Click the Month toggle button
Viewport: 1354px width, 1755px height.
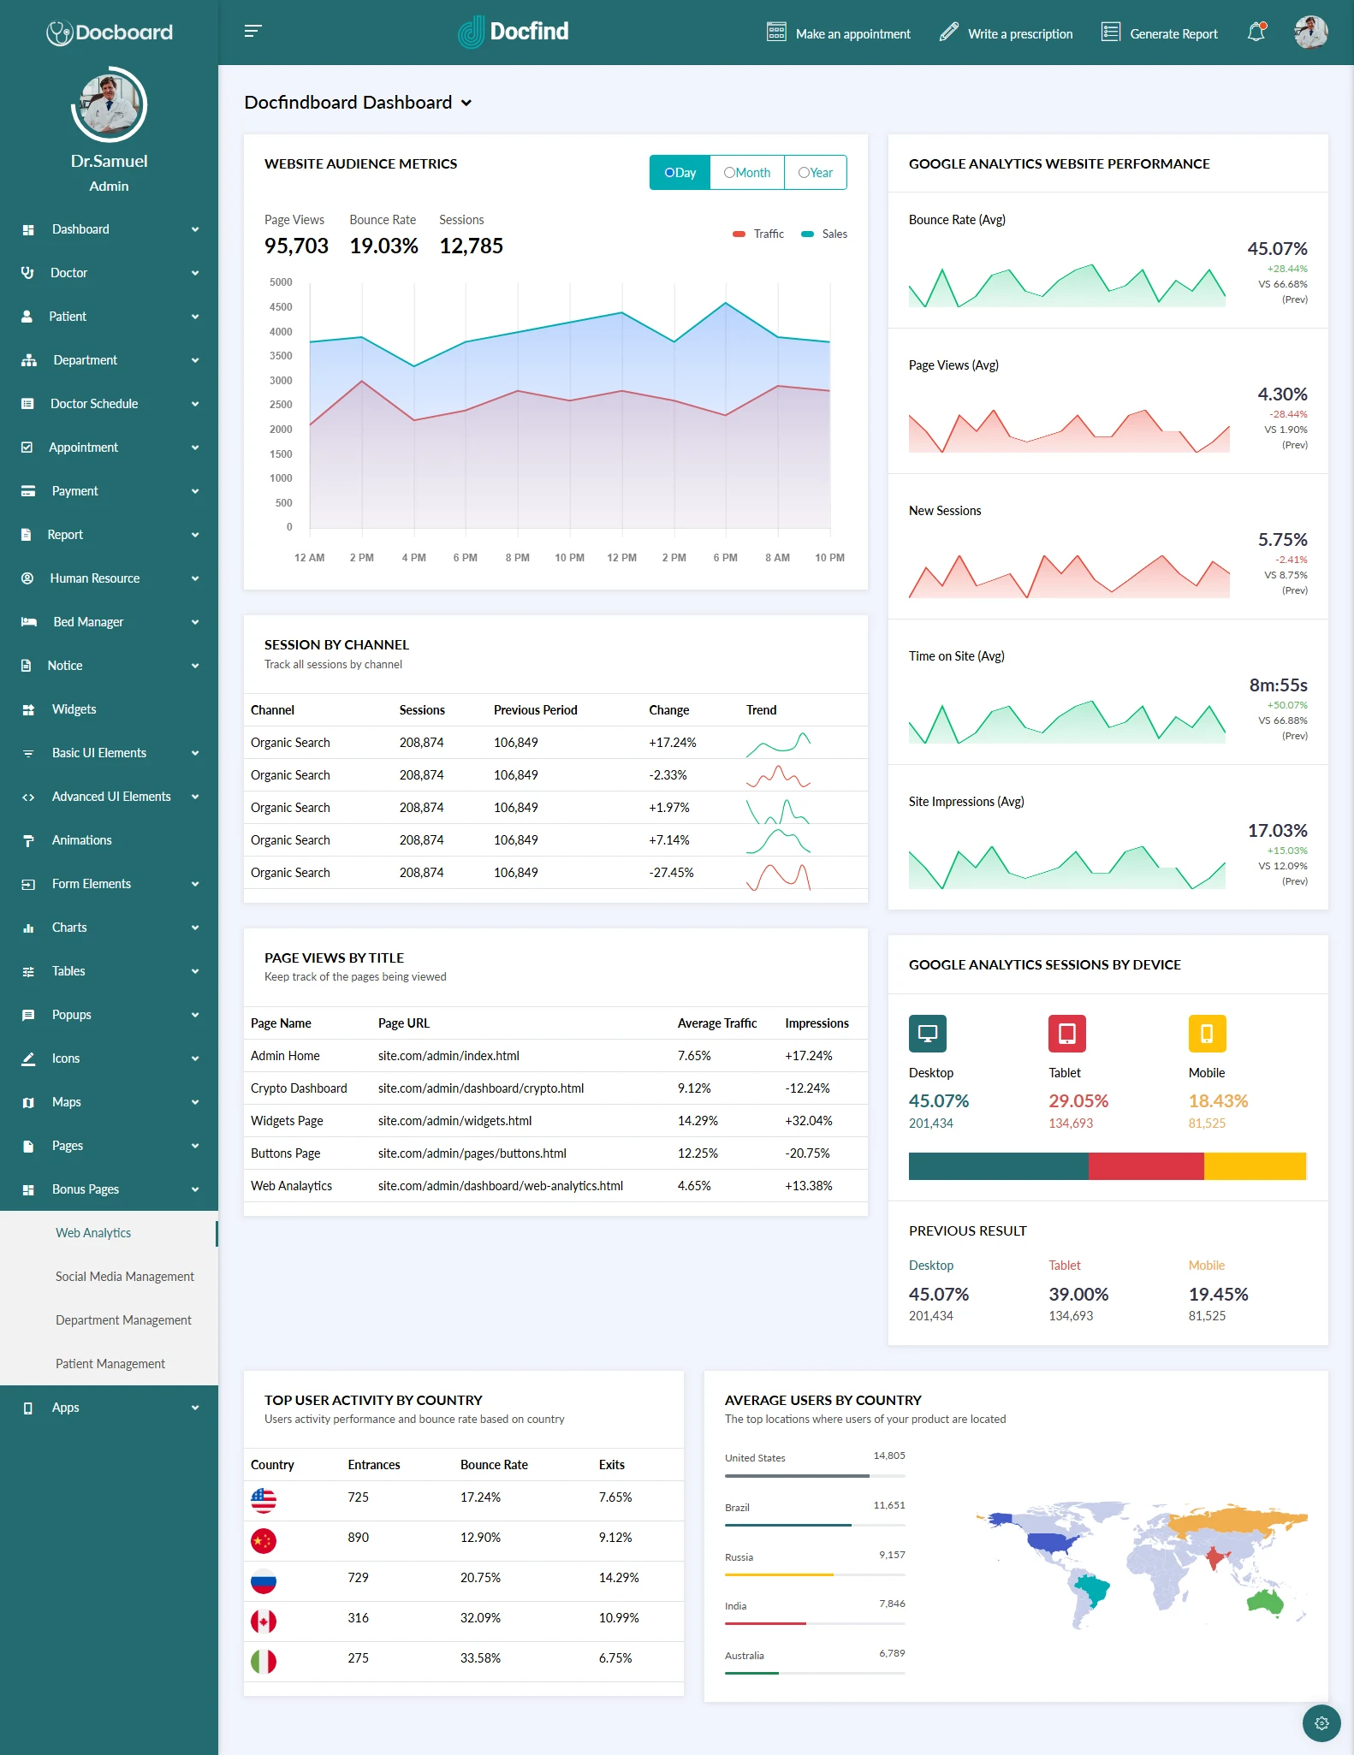pos(747,173)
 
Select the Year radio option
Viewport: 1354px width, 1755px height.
pos(815,173)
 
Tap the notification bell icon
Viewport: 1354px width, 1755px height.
pos(1256,33)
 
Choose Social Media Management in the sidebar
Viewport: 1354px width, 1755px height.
pos(125,1277)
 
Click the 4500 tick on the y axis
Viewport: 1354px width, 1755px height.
pos(281,307)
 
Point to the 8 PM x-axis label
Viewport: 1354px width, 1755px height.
pos(517,558)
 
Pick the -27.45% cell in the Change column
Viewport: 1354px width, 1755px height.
pos(671,873)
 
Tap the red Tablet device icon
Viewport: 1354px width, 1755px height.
pos(1066,1034)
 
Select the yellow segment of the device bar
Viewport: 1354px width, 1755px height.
pos(1254,1166)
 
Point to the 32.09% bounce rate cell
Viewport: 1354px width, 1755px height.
pos(480,1618)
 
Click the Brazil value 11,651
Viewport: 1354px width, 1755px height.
pos(888,1505)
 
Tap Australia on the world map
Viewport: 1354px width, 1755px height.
pos(1265,1601)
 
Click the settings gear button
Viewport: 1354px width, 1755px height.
pos(1321,1723)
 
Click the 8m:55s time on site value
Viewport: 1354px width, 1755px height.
pos(1278,685)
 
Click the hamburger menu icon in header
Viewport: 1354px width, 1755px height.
pos(252,32)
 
